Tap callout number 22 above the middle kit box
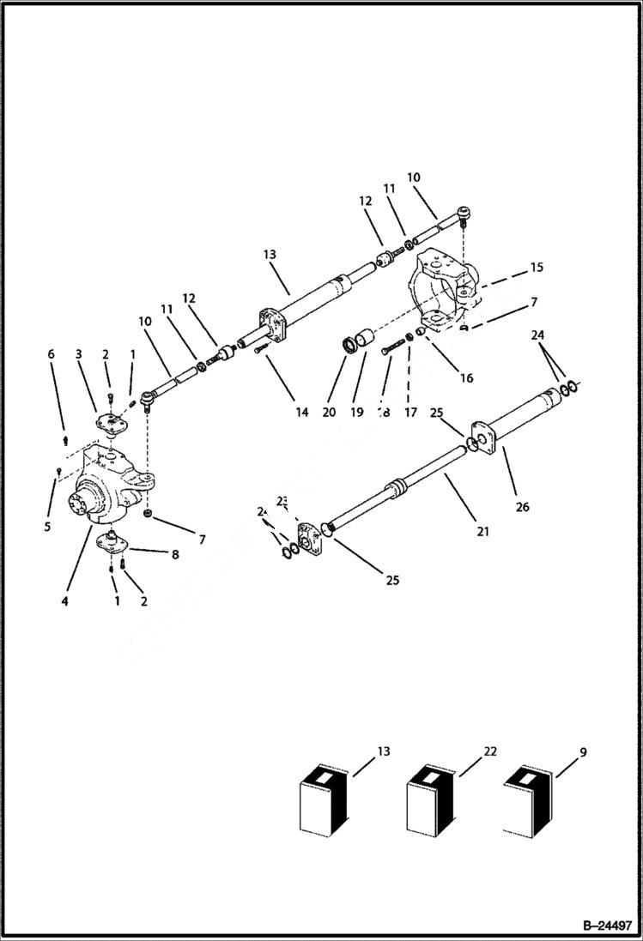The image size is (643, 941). tap(490, 751)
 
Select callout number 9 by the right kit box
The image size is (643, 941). tap(583, 752)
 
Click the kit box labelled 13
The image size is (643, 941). tap(323, 797)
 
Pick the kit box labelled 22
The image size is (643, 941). tap(430, 797)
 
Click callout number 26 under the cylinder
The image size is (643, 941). tap(523, 506)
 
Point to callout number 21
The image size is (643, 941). tap(483, 532)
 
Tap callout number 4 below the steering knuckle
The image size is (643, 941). tap(64, 601)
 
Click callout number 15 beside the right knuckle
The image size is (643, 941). tap(537, 268)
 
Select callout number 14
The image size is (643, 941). tap(301, 413)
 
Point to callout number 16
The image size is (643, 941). tap(466, 377)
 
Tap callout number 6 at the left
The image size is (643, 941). tap(51, 354)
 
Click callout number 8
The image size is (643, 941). tap(174, 555)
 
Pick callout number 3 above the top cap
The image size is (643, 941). tap(78, 354)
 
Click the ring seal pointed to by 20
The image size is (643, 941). tap(352, 346)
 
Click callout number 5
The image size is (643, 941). tap(47, 527)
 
